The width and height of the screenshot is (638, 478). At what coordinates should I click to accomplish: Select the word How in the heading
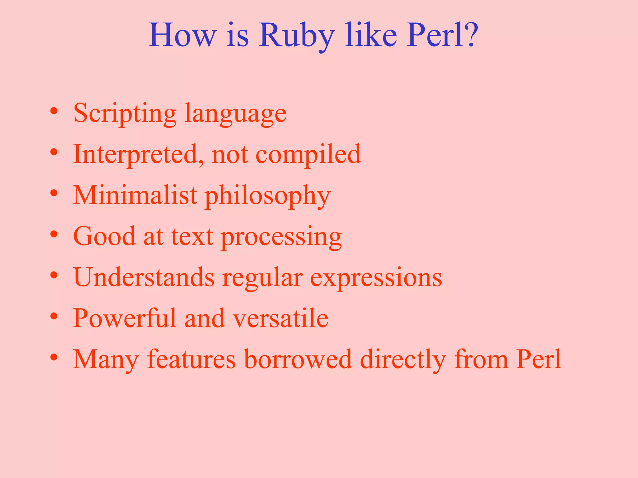point(182,35)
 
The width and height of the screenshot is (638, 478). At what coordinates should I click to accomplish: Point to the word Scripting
point(125,114)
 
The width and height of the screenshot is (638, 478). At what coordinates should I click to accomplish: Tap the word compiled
point(308,154)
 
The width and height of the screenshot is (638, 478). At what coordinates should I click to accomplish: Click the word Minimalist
point(135,195)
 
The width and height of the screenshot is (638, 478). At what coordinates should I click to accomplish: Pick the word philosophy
point(268,196)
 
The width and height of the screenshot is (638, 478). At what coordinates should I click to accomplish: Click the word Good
point(104,236)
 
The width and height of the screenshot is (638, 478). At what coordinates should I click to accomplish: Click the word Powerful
point(125,318)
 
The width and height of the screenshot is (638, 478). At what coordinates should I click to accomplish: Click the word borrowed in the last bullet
point(298,359)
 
